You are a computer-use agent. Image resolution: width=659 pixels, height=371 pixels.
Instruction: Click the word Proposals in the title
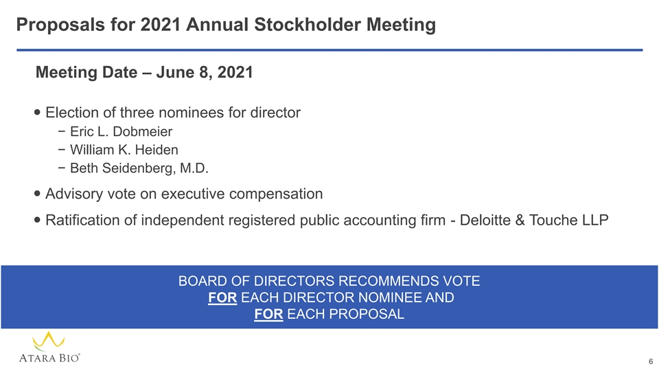[60, 25]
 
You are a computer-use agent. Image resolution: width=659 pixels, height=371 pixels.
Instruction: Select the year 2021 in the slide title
[161, 25]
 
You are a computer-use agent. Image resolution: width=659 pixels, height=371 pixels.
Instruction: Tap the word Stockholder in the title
[308, 25]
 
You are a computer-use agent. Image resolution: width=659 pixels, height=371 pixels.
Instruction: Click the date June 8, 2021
[205, 72]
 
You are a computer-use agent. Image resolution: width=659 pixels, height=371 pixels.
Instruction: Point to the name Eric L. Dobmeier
[121, 132]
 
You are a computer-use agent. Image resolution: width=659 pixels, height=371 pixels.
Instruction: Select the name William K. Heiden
[124, 150]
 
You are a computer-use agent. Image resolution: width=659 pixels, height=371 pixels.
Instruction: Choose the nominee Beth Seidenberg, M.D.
[139, 168]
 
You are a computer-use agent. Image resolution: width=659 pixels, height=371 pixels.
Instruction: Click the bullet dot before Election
[37, 113]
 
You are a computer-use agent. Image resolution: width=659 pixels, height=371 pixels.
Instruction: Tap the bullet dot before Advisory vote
[37, 194]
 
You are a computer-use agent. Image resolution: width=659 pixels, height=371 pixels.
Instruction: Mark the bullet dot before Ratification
[37, 220]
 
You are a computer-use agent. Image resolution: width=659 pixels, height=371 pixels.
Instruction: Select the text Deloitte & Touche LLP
[534, 220]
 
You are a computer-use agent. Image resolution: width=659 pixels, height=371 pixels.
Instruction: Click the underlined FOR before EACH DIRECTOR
[222, 297]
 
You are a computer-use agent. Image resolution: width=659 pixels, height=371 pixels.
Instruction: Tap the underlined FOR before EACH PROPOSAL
[268, 314]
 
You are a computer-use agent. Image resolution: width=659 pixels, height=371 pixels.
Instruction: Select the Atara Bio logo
[49, 347]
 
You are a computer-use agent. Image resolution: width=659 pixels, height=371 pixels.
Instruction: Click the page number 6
[651, 362]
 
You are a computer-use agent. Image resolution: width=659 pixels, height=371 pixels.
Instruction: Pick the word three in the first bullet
[137, 113]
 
